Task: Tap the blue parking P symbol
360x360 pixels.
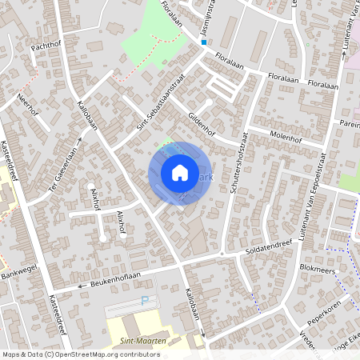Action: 145,302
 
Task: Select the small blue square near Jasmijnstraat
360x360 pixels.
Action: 204,42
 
